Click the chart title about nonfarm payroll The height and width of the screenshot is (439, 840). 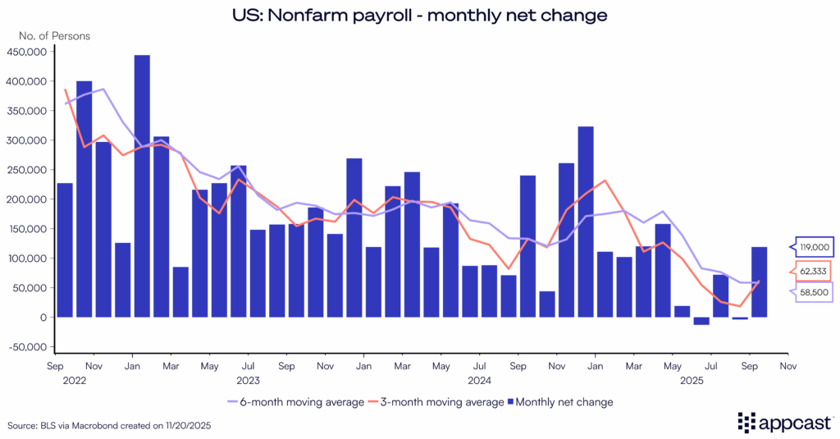[x=419, y=16]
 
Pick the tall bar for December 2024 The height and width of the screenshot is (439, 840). [x=586, y=222]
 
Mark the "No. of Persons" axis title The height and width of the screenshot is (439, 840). [x=54, y=35]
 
